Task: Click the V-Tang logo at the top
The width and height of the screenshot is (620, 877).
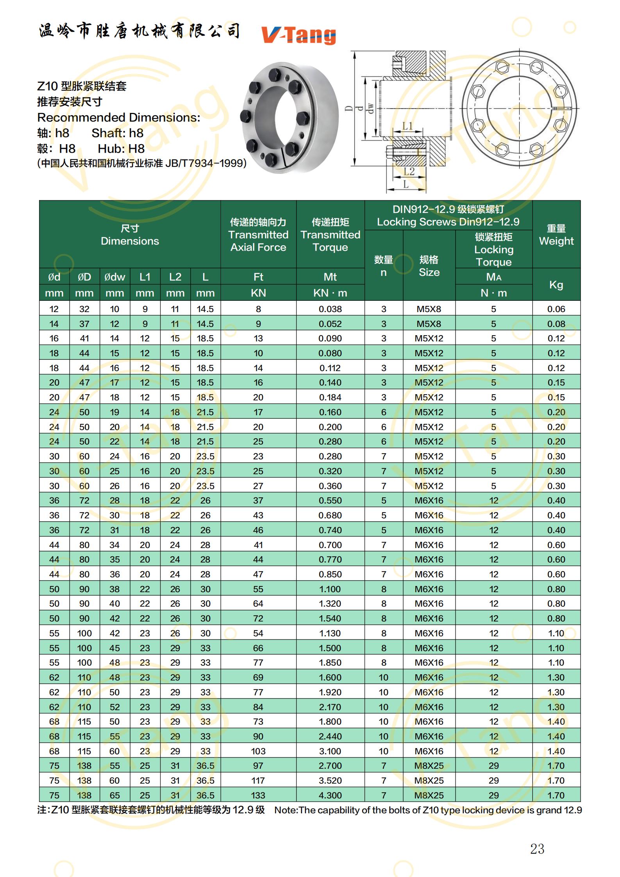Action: (298, 35)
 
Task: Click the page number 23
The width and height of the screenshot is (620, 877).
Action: (537, 848)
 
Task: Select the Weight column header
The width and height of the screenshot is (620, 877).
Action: (556, 234)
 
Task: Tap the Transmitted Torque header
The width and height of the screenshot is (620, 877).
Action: (330, 234)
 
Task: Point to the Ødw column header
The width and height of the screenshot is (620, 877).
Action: (114, 277)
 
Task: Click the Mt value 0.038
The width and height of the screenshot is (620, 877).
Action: (330, 309)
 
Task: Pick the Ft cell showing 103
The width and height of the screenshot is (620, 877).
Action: (258, 751)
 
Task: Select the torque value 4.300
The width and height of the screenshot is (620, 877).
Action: (330, 795)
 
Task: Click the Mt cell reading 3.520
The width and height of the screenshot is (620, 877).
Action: (330, 781)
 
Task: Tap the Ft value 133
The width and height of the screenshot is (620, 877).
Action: (258, 795)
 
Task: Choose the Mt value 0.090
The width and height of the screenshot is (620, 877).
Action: (330, 338)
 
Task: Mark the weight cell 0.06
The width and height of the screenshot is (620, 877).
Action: (556, 309)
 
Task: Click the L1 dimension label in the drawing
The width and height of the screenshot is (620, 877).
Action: (407, 126)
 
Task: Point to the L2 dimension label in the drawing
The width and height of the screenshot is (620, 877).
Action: (409, 171)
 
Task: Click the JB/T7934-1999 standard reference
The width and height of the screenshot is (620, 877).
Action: (205, 163)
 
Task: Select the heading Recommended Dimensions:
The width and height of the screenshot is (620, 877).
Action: (118, 117)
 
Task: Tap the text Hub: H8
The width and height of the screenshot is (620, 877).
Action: (121, 148)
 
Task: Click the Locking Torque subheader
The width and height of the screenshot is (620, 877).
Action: (493, 249)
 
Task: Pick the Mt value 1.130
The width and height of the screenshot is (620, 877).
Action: (330, 633)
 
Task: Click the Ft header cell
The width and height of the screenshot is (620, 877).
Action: (258, 277)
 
